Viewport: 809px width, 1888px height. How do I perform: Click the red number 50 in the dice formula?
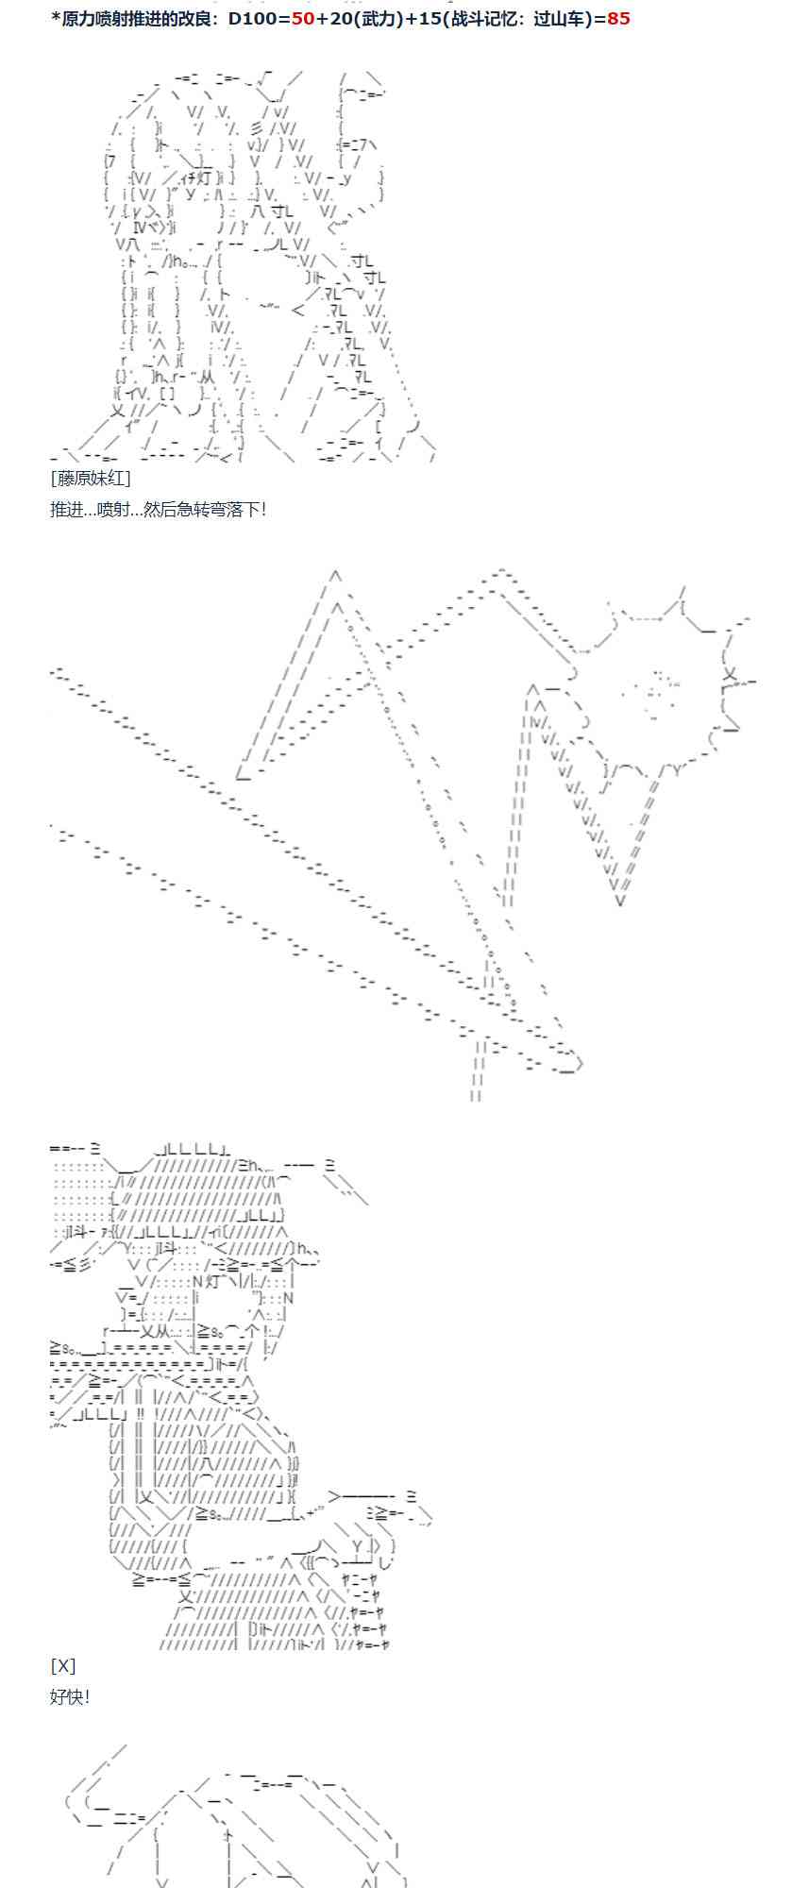(x=303, y=19)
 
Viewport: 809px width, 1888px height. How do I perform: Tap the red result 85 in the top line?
(x=618, y=19)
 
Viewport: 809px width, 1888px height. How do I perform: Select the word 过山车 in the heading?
(x=559, y=19)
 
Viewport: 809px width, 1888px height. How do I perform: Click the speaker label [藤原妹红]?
(x=91, y=479)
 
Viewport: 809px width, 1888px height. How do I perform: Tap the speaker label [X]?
(x=63, y=1665)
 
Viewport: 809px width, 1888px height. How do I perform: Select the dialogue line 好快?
(x=70, y=1696)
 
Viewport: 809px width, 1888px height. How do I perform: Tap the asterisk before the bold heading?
(x=56, y=17)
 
